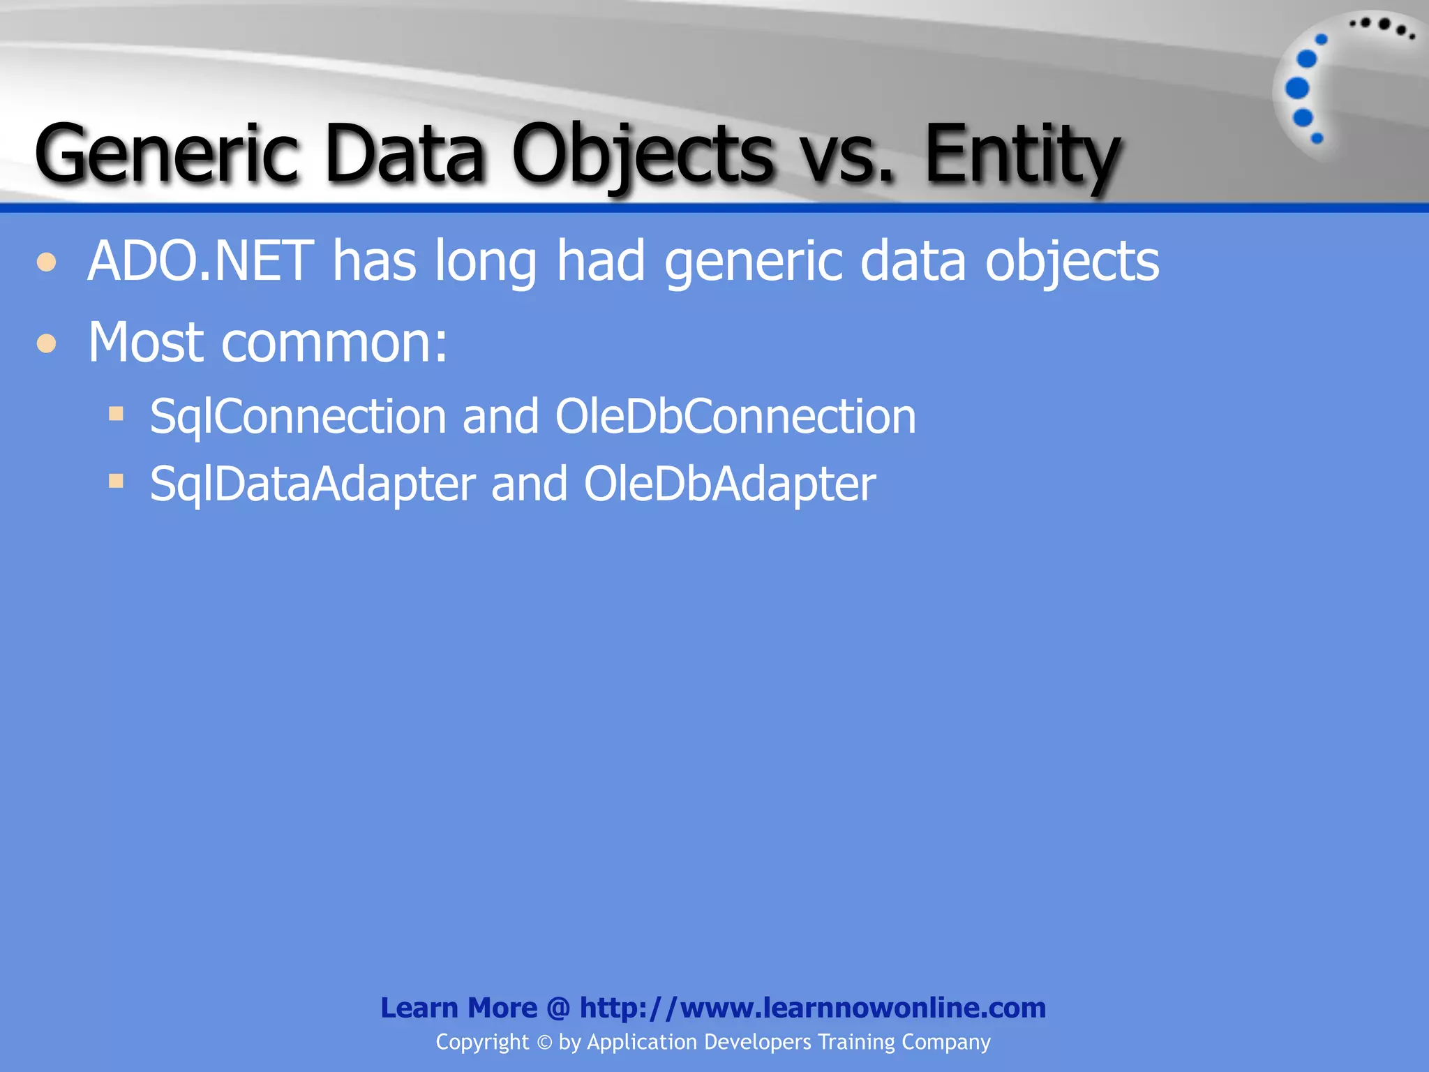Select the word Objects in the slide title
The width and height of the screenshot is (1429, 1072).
coord(642,154)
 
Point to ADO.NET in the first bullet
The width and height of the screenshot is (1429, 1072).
coord(200,261)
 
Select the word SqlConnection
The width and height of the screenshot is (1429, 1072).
coord(297,417)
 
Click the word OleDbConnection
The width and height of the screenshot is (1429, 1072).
coord(735,417)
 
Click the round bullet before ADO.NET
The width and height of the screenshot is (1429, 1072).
coord(47,263)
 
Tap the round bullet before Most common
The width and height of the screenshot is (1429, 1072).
coord(47,343)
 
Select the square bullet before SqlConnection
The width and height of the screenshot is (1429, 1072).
coord(117,414)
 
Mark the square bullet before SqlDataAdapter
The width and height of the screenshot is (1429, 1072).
coord(117,481)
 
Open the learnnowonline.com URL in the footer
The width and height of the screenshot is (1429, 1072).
coord(812,1008)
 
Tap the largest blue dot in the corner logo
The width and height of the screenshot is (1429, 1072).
coord(1297,89)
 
